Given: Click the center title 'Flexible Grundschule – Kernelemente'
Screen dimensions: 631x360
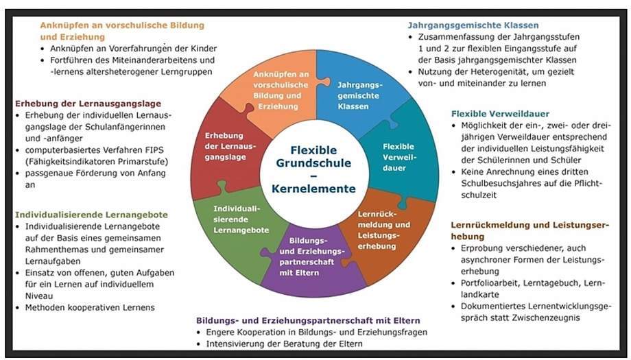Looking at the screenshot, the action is tap(314, 169).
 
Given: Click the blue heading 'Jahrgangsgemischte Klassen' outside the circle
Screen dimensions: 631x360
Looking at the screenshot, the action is tap(473, 25).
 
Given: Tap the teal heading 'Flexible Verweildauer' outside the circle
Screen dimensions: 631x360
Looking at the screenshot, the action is tap(500, 114).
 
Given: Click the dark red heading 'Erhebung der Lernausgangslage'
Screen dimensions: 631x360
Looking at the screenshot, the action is tap(88, 104).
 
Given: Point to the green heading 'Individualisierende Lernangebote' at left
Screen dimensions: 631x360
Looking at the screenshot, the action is tap(92, 215).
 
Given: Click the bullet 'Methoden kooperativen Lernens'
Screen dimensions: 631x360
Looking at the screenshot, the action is tap(90, 308).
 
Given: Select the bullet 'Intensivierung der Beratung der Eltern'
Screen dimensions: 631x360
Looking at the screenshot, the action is tap(285, 344).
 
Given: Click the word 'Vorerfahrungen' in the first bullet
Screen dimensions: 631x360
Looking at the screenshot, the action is tap(132, 49).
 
